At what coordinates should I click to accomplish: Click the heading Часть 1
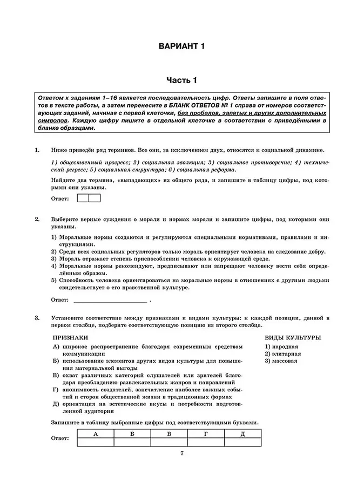point(182,80)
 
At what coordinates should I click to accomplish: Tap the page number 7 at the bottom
point(182,454)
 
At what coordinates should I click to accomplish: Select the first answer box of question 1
point(83,198)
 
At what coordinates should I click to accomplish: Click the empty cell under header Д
point(242,442)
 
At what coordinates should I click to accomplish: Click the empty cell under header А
point(96,442)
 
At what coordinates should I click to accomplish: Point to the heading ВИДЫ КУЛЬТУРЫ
point(293,337)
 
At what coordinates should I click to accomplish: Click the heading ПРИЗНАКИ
point(70,337)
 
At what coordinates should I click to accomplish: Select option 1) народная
point(281,346)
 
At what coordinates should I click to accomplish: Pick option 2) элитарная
point(283,354)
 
